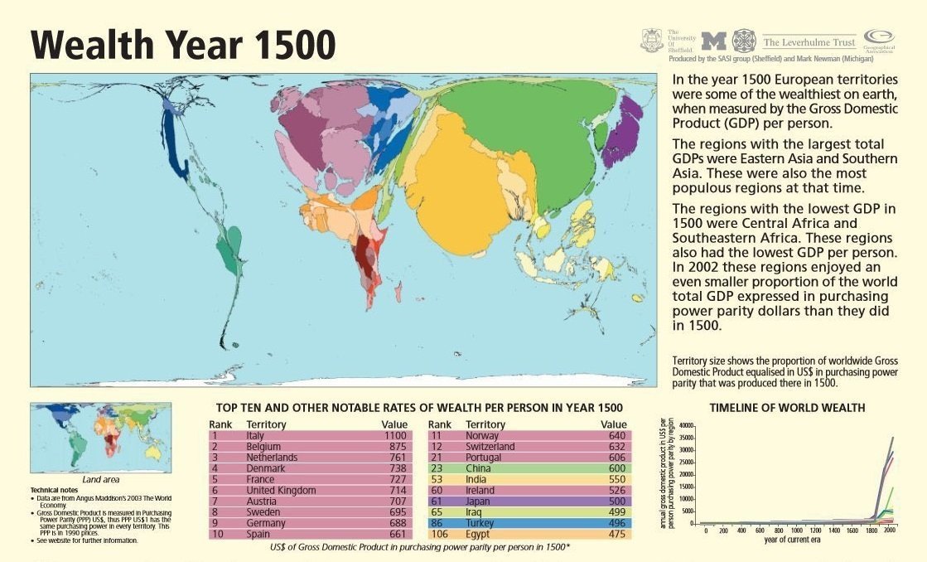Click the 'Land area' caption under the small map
[x=101, y=479]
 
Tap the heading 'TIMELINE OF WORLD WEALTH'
[x=787, y=408]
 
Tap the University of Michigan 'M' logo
[x=713, y=41]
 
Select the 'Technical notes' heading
[x=57, y=490]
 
